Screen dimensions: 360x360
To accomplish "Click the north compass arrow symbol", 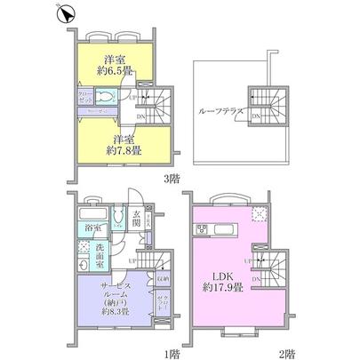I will point(64,13).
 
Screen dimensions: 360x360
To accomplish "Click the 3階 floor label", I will point(168,179).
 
